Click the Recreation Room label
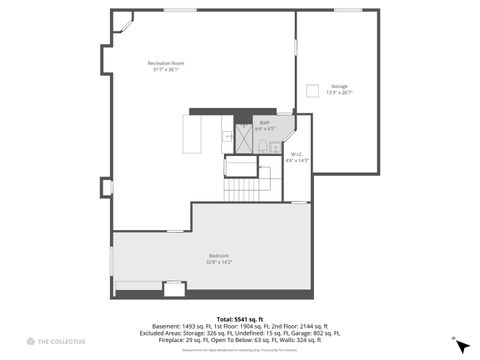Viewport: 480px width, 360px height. point(164,63)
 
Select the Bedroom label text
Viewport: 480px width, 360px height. point(218,256)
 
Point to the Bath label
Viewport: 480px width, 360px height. point(264,122)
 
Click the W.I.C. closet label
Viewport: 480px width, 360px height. point(297,153)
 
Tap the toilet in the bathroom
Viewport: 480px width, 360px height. point(262,145)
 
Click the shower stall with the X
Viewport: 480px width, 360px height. point(242,140)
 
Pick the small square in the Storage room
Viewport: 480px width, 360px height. point(312,91)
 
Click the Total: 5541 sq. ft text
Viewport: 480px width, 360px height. point(240,317)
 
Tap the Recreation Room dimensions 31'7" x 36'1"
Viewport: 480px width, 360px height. point(164,69)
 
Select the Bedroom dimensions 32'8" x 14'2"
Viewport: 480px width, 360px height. point(218,262)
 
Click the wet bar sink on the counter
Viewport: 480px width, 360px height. point(229,135)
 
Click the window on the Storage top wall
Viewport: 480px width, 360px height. point(347,11)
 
